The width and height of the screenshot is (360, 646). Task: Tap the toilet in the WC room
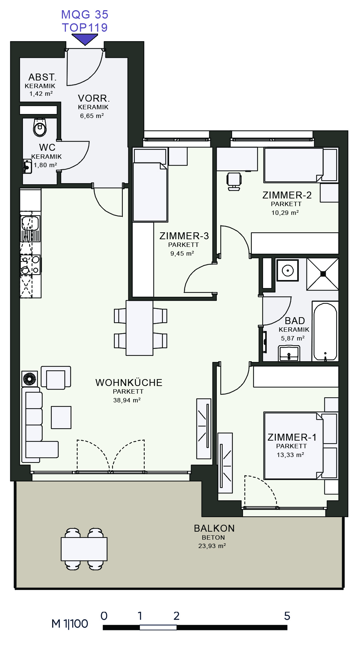tap(40, 127)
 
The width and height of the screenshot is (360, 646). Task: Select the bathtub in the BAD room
tap(325, 331)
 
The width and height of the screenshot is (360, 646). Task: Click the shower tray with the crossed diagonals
tap(323, 274)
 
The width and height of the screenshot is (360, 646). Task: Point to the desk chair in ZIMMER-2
tap(234, 181)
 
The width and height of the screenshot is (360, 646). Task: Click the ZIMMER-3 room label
tap(184, 236)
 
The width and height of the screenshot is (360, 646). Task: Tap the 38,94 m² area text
tap(127, 400)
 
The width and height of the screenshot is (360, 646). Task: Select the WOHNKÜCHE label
tap(129, 383)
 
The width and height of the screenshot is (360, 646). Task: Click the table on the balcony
tap(84, 549)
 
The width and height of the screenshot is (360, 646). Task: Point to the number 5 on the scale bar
tap(287, 616)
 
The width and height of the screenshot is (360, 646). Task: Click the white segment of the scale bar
tap(158, 627)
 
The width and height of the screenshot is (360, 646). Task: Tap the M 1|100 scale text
tap(70, 624)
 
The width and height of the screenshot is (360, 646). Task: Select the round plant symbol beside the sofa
tap(30, 379)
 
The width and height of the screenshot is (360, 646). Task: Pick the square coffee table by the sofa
tap(61, 417)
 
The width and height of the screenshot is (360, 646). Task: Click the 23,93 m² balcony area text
tap(212, 546)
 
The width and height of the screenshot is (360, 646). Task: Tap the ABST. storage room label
tap(43, 77)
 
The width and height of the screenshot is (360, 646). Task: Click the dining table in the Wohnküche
tap(140, 328)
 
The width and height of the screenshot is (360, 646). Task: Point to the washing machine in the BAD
tap(287, 270)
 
